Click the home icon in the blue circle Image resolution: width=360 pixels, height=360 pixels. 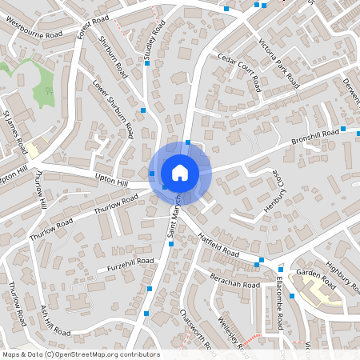coord(180,172)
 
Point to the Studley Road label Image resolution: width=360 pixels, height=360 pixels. coord(152,42)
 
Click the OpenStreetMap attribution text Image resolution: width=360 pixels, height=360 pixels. coord(81,354)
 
